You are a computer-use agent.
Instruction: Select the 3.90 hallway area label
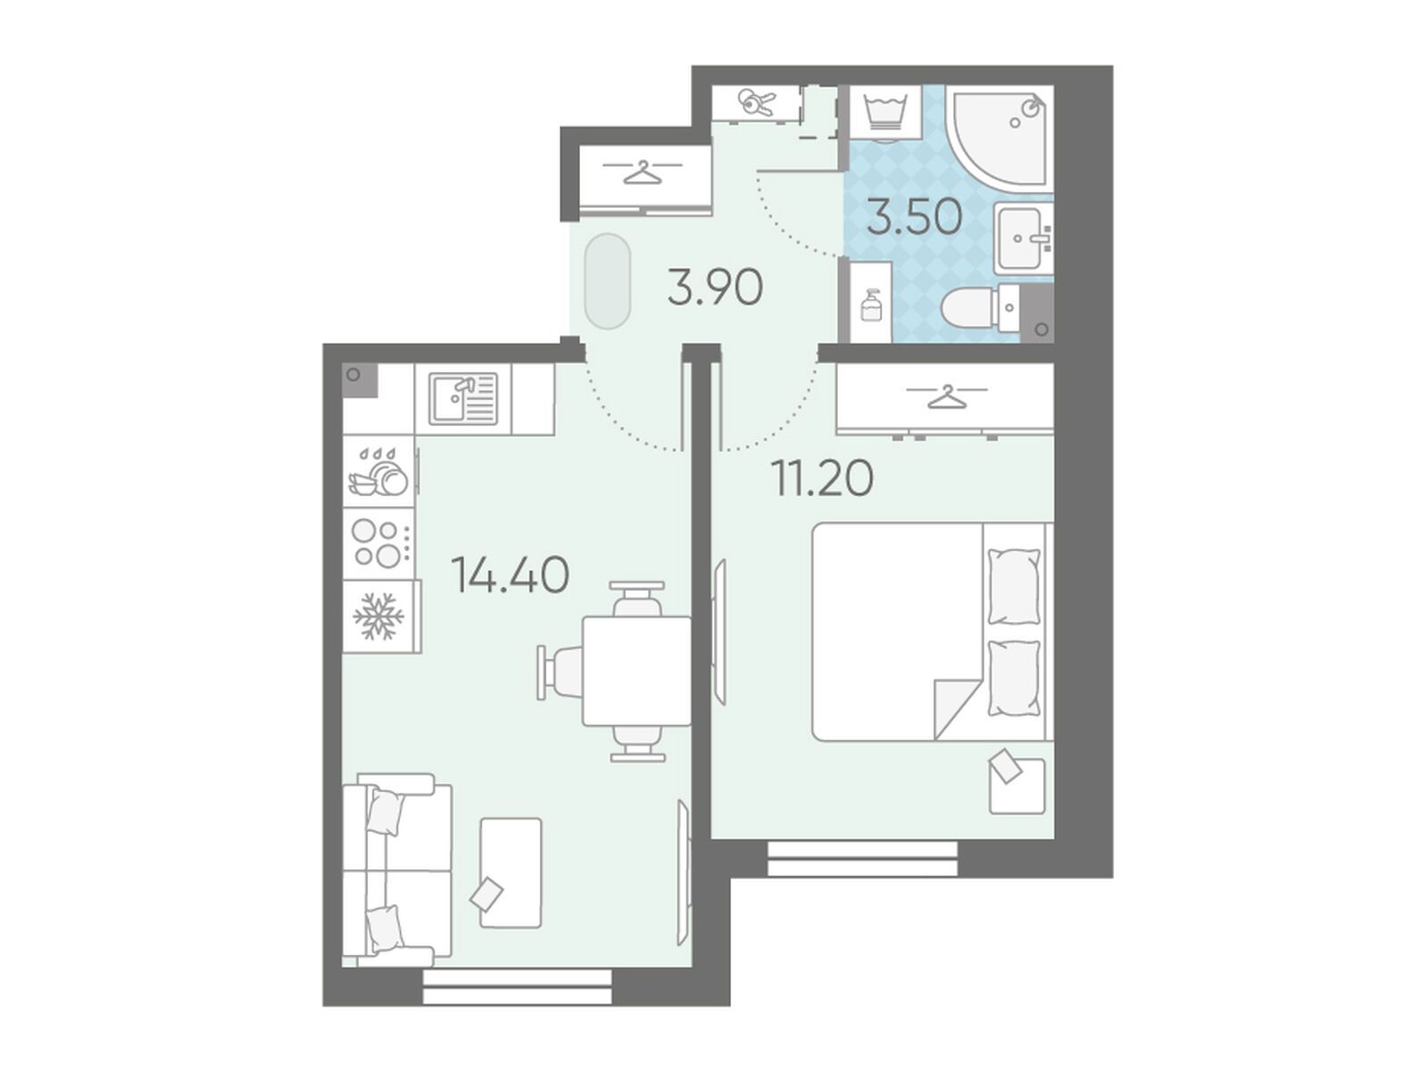coord(715,288)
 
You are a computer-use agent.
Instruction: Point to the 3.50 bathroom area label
coord(914,217)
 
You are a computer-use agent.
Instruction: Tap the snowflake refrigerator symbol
coord(378,615)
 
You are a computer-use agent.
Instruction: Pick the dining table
coord(637,670)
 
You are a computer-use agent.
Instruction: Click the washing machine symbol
coord(884,112)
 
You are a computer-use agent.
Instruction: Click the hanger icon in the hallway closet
coord(642,172)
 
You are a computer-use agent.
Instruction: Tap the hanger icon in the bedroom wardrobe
coord(947,396)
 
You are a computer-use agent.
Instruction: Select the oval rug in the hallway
coord(608,281)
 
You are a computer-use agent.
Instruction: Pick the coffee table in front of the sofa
coord(511,873)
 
